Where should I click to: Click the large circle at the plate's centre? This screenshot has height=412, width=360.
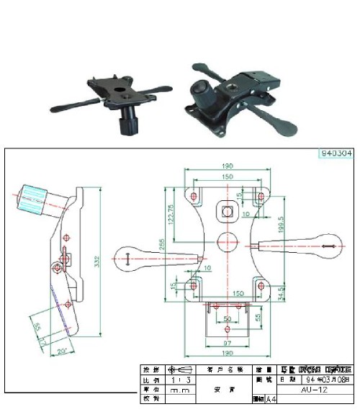[228, 243]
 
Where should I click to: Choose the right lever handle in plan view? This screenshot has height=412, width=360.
[306, 246]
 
